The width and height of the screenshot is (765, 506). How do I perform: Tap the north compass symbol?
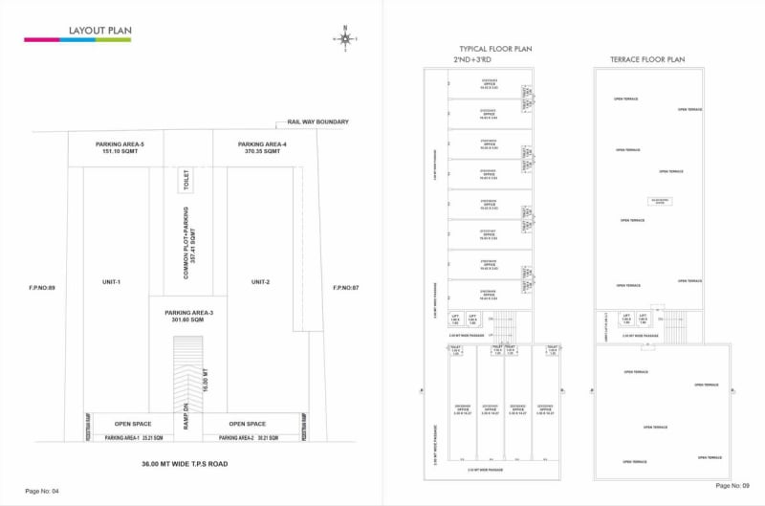pos(344,38)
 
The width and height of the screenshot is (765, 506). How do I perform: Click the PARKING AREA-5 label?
pos(120,147)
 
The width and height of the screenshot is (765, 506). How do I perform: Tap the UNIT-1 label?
pos(112,282)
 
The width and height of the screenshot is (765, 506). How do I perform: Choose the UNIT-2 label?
pos(261,282)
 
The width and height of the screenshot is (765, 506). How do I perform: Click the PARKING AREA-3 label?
pos(188,317)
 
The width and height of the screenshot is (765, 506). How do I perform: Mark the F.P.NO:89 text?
pos(43,287)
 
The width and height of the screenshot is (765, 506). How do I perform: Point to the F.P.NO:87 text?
pos(344,287)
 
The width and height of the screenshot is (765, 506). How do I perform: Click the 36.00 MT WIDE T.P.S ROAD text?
pos(186,464)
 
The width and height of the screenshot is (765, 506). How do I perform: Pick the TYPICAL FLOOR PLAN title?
pos(494,49)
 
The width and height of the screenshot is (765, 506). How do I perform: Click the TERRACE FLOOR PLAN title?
pos(647,59)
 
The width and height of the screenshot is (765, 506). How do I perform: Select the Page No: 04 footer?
pos(42,491)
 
